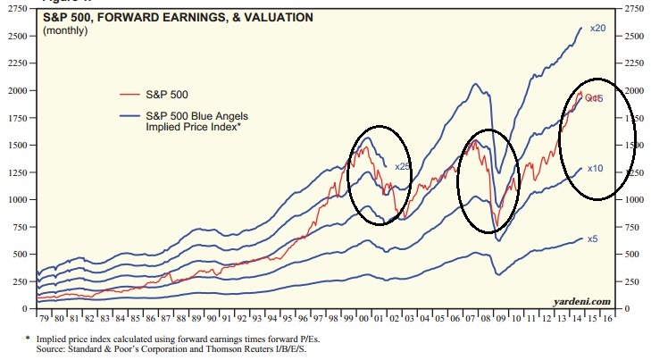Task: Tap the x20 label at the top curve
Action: coord(598,28)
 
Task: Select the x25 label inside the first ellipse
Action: coord(403,165)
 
